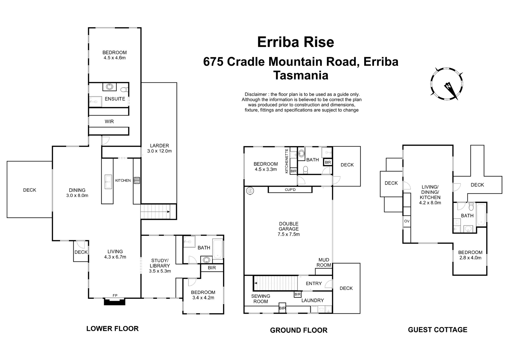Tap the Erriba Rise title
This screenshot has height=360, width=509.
[296, 42]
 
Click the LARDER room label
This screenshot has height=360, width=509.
[159, 146]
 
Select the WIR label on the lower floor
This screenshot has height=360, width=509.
[109, 121]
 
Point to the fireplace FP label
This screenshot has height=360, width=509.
[115, 295]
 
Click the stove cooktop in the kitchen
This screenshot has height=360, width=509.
[137, 181]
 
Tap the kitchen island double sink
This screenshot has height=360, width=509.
[108, 182]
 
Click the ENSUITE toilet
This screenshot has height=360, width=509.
[125, 90]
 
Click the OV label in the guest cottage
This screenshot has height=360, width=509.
[407, 221]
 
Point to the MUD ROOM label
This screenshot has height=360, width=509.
[324, 262]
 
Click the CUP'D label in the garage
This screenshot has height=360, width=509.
[290, 190]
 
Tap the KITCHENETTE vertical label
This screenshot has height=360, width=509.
[287, 161]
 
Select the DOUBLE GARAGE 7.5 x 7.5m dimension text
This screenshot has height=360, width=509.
[288, 234]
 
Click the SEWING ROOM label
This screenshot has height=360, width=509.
[261, 299]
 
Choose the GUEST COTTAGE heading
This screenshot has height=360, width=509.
[437, 330]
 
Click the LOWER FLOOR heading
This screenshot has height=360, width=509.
[112, 329]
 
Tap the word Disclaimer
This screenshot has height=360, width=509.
[256, 94]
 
